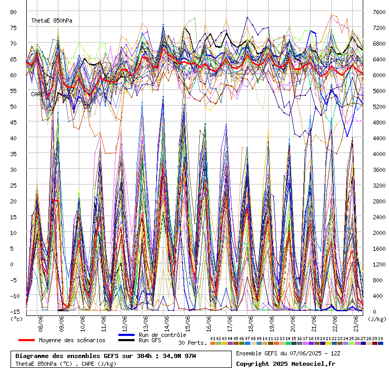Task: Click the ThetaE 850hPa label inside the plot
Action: coord(52,21)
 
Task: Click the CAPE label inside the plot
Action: coord(37,94)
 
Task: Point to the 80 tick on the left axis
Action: coord(14,12)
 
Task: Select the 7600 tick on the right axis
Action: coord(378,12)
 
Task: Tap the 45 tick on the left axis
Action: coord(14,122)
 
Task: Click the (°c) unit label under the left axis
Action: coord(16,318)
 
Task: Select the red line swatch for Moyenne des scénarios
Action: coord(26,340)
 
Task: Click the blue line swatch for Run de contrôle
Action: coord(126,335)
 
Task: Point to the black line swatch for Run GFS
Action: coord(126,341)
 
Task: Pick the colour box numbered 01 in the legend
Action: coord(212,343)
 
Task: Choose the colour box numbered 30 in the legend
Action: coord(381,343)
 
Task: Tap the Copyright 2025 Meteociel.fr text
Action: coord(285,363)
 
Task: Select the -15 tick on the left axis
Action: coord(14,311)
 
